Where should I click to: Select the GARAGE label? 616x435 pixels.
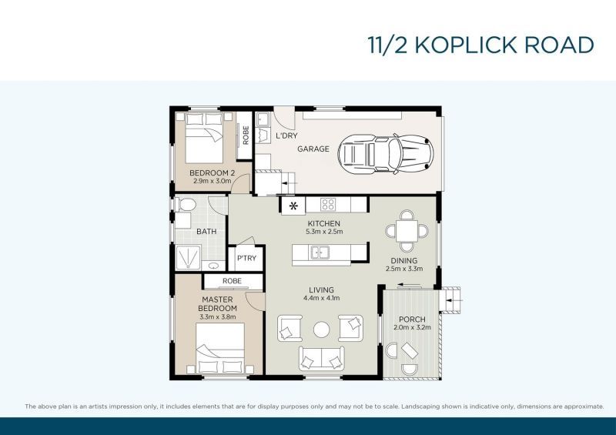(313, 149)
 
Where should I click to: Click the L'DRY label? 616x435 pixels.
(286, 136)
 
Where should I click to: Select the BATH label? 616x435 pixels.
(206, 231)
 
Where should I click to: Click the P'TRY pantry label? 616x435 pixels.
(246, 258)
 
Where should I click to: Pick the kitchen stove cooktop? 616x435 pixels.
(327, 205)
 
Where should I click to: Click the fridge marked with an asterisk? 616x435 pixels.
(293, 206)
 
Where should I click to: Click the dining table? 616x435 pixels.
(404, 229)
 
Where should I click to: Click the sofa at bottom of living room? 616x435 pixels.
(321, 357)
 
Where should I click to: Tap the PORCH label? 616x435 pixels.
(412, 320)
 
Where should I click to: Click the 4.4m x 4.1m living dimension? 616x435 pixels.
(323, 298)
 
